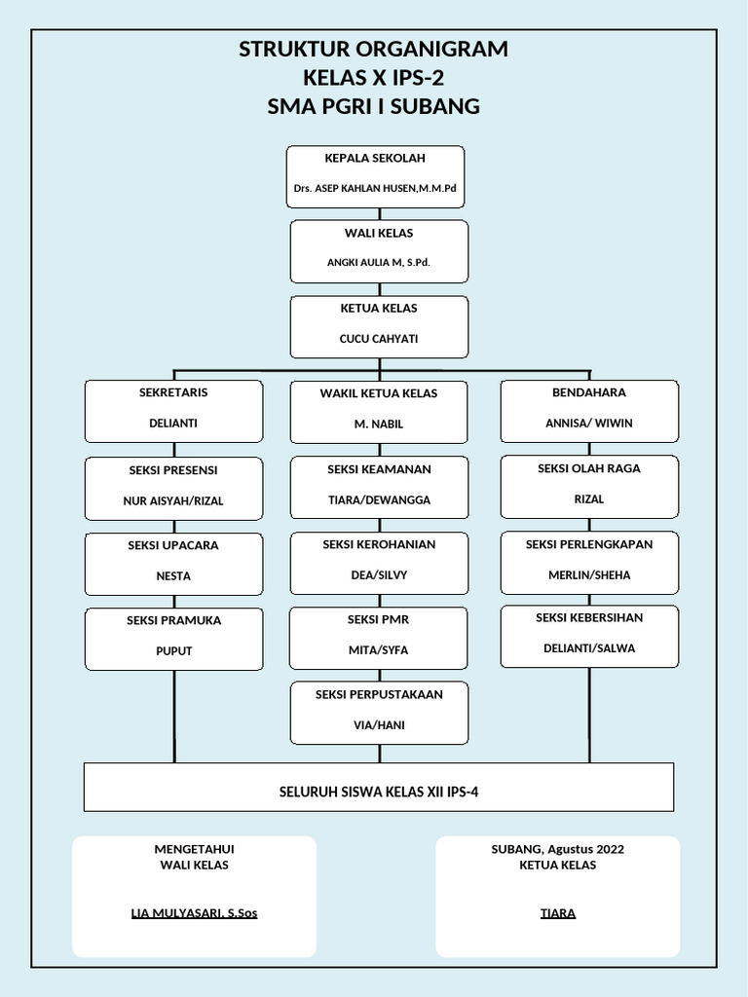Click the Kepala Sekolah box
click(375, 176)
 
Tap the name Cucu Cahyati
click(379, 339)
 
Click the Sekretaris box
click(173, 411)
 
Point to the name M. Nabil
click(379, 425)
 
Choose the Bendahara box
click(589, 411)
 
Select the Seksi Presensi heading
click(173, 470)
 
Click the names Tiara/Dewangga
click(379, 500)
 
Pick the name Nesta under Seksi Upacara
click(173, 576)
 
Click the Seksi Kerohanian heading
click(379, 544)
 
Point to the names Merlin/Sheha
click(589, 575)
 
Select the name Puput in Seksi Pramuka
click(173, 651)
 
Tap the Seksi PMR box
click(379, 638)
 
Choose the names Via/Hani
click(379, 725)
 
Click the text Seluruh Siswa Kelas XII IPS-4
click(379, 793)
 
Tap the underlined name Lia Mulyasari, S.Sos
click(194, 913)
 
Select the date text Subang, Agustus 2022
click(558, 849)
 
